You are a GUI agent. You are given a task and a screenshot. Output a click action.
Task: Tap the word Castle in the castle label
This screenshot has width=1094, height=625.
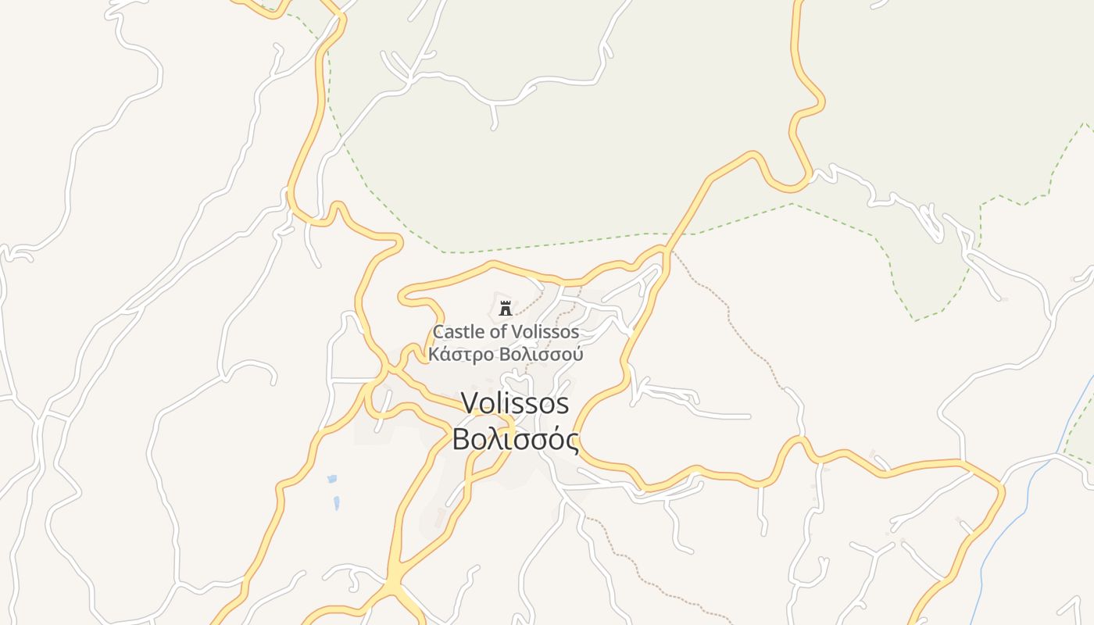pyautogui.click(x=459, y=332)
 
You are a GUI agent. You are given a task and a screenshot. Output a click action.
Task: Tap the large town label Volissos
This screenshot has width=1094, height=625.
pyautogui.click(x=515, y=403)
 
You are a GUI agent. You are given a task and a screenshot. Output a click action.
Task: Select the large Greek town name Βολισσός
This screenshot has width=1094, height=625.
pyautogui.click(x=516, y=439)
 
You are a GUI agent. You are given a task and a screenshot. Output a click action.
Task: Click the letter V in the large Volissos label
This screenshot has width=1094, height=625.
pyautogui.click(x=470, y=403)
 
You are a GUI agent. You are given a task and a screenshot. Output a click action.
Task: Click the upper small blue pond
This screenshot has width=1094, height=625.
pyautogui.click(x=332, y=478)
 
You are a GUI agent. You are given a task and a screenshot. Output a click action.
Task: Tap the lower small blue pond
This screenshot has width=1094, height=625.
pyautogui.click(x=337, y=503)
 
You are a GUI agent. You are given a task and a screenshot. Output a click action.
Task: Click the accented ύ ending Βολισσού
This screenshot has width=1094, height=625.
pyautogui.click(x=577, y=355)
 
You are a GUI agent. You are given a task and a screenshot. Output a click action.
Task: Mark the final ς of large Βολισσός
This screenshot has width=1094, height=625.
pyautogui.click(x=572, y=441)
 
